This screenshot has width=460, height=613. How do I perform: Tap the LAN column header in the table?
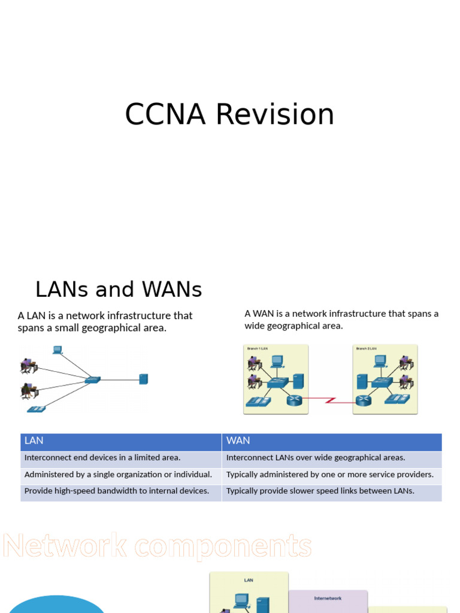tap(34, 441)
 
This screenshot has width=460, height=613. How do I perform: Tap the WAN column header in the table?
tap(238, 441)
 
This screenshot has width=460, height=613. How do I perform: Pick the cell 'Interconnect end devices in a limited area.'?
tap(102, 458)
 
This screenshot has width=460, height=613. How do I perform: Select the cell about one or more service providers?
tap(329, 475)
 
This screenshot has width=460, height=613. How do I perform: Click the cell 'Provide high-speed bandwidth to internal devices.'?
tap(117, 491)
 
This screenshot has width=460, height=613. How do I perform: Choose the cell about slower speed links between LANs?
tap(320, 491)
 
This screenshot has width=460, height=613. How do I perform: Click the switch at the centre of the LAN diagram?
tap(92, 380)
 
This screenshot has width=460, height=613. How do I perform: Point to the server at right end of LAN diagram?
tap(143, 379)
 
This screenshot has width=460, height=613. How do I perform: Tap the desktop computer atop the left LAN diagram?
tap(57, 350)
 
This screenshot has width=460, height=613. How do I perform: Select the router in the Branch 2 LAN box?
tap(364, 400)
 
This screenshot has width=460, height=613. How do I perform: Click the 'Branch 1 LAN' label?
tap(256, 348)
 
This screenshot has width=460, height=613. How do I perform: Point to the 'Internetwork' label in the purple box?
tap(328, 598)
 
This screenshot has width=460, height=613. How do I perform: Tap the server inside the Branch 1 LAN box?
tap(298, 381)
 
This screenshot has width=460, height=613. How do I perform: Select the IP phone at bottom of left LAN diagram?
tap(36, 409)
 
